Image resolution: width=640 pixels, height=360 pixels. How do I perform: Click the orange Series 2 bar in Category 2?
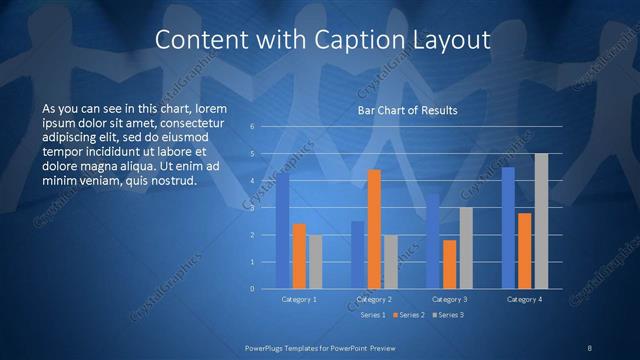pyautogui.click(x=374, y=229)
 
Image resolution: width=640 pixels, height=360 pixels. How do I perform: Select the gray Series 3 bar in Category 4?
pyautogui.click(x=541, y=221)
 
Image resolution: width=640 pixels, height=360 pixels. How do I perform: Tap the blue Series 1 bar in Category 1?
pyautogui.click(x=283, y=231)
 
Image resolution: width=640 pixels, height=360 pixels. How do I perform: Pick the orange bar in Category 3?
pyautogui.click(x=449, y=264)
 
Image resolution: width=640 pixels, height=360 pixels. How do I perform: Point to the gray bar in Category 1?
pyautogui.click(x=315, y=262)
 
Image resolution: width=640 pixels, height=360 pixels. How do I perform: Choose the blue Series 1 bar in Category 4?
pyautogui.click(x=508, y=228)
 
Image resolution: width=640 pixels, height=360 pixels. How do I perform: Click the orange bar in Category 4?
pyautogui.click(x=524, y=251)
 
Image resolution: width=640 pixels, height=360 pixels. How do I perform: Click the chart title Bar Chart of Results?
pyautogui.click(x=407, y=111)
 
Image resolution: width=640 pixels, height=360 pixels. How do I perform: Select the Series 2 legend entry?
pyautogui.click(x=408, y=315)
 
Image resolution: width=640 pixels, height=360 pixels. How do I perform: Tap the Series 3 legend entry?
pyautogui.click(x=448, y=315)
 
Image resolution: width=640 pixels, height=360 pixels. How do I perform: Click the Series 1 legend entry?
pyautogui.click(x=371, y=315)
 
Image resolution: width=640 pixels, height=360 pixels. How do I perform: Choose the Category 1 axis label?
pyautogui.click(x=299, y=299)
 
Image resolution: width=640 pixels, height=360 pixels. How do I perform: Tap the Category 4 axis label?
pyautogui.click(x=524, y=299)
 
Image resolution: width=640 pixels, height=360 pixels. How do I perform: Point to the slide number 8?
pyautogui.click(x=589, y=347)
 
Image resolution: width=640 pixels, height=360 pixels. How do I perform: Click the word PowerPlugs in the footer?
pyautogui.click(x=267, y=347)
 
